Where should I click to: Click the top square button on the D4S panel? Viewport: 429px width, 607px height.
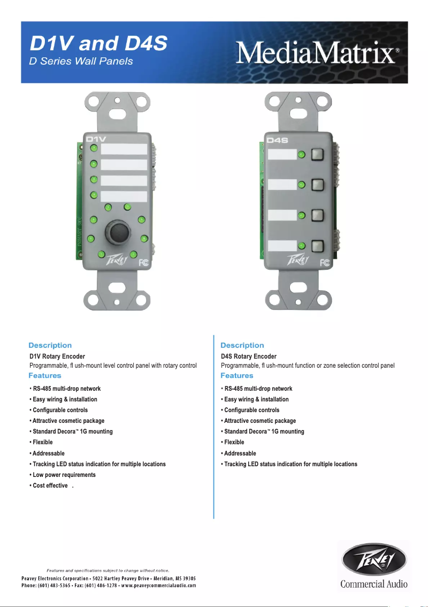pyautogui.click(x=318, y=154)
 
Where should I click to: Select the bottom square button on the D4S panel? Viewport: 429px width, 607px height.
pyautogui.click(x=318, y=246)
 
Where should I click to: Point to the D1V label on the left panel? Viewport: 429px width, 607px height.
pyautogui.click(x=97, y=139)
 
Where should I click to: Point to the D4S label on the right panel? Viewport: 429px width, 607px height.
pyautogui.click(x=278, y=141)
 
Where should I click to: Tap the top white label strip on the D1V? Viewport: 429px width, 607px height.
pyautogui.click(x=124, y=149)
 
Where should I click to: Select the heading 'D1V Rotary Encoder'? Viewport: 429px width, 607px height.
pyautogui.click(x=57, y=356)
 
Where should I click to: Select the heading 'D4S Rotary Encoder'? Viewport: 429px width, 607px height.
pyautogui.click(x=249, y=356)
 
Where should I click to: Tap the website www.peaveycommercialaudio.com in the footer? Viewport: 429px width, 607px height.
pyautogui.click(x=159, y=586)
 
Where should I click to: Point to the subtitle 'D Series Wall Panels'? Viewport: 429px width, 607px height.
pyautogui.click(x=80, y=60)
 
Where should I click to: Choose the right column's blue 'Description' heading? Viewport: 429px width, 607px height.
pyautogui.click(x=242, y=345)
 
